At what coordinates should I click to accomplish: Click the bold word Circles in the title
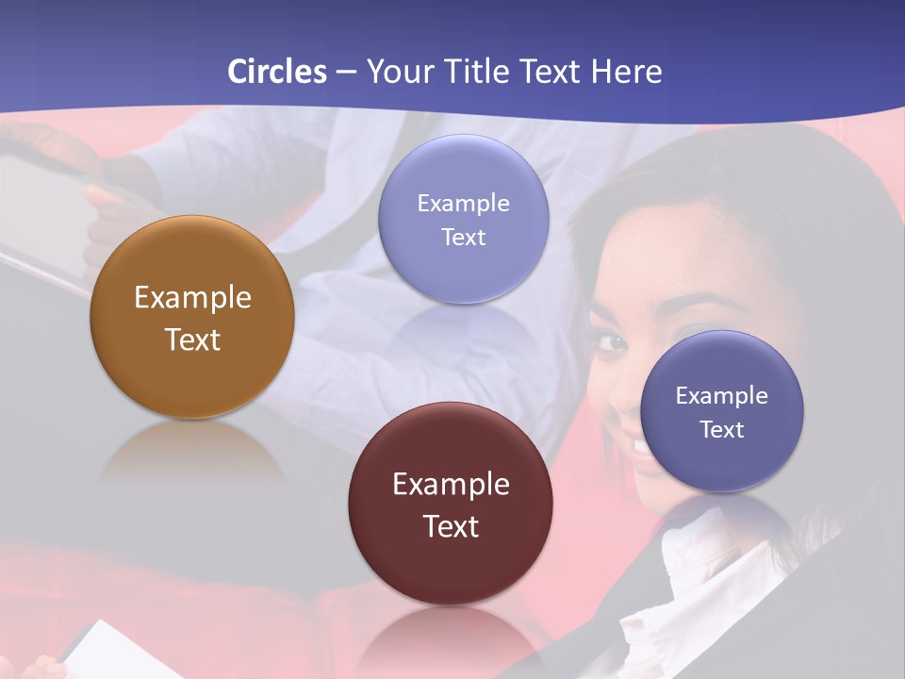point(276,72)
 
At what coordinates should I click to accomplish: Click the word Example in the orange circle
point(192,298)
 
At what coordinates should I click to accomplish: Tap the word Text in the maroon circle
point(451,526)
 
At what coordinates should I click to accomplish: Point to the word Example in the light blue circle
point(463,203)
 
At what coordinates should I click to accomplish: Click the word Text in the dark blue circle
point(722,430)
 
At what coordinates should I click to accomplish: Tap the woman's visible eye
point(611,341)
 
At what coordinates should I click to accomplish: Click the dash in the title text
point(346,73)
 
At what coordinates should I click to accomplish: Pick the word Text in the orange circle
point(192,339)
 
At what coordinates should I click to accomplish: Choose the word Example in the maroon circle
point(451,485)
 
